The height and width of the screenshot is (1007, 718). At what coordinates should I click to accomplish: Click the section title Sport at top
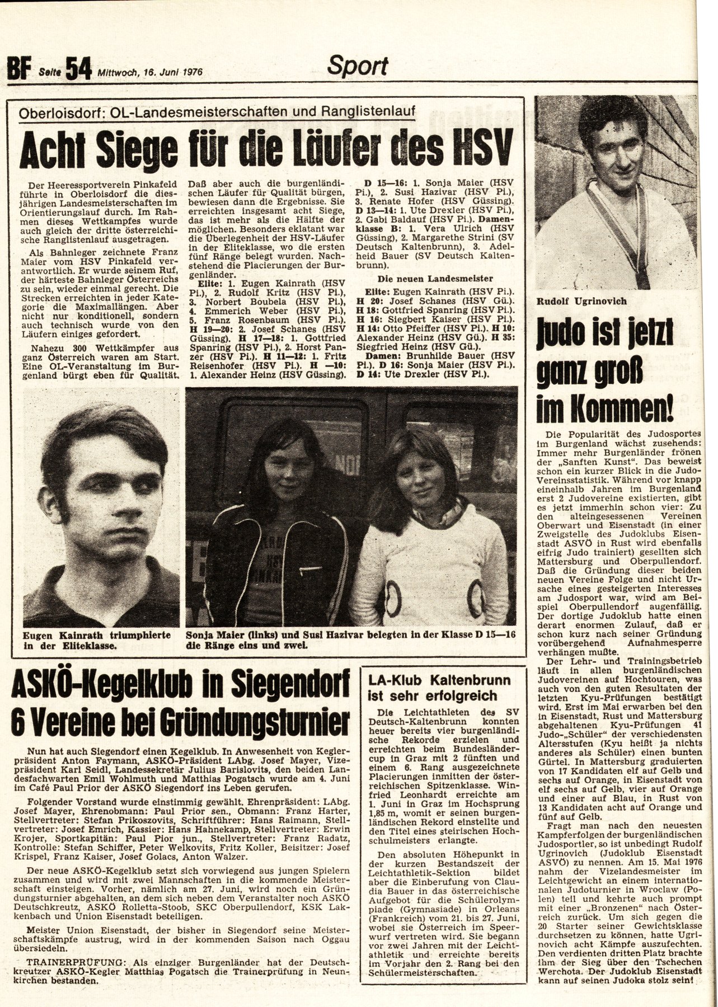pyautogui.click(x=358, y=66)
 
